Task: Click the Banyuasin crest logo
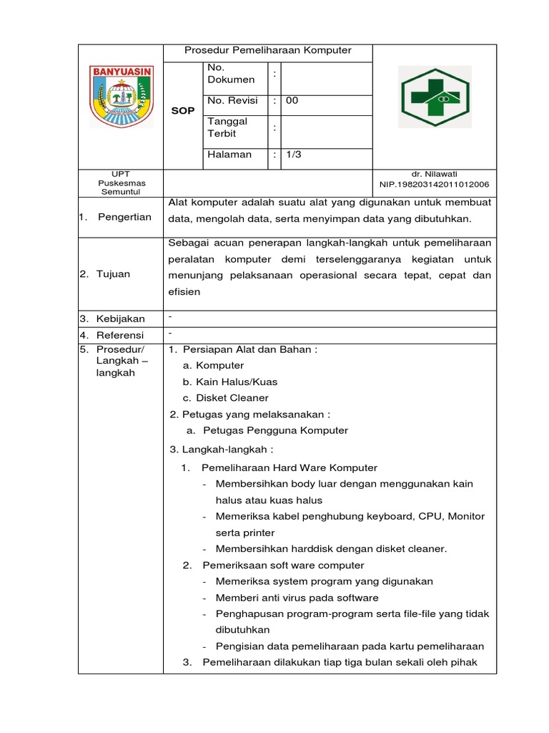tap(121, 97)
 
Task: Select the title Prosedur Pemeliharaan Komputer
tap(268, 51)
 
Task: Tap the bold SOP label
tap(183, 111)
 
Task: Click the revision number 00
tap(292, 101)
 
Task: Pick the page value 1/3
tap(293, 155)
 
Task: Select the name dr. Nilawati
tap(434, 174)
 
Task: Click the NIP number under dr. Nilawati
tap(434, 184)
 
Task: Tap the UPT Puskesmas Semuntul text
tap(121, 183)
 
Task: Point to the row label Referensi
tap(120, 335)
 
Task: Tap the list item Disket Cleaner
tap(232, 398)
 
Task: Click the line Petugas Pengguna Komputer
tap(275, 430)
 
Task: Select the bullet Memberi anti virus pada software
tap(297, 598)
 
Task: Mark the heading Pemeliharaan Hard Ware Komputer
tap(290, 467)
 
